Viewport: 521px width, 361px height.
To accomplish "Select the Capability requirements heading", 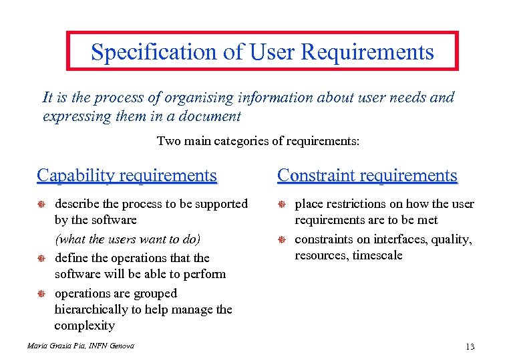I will tap(127, 176).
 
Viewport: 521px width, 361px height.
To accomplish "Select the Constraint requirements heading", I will tap(367, 176).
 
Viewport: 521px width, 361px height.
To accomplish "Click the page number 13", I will tap(470, 346).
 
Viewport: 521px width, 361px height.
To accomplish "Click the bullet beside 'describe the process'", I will tap(41, 204).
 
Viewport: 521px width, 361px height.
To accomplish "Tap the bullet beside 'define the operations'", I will tap(41, 258).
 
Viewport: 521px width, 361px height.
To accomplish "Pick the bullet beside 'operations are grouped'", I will tap(41, 293).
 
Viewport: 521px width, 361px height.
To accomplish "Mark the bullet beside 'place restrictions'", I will tap(282, 204).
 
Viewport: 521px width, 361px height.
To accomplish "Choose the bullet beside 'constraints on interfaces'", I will tap(282, 239).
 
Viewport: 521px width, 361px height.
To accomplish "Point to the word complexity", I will tap(84, 326).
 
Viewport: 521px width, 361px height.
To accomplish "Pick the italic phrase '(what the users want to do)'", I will tap(128, 239).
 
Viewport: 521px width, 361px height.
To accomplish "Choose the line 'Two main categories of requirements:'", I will tap(258, 141).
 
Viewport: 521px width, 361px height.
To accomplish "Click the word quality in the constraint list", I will tap(452, 239).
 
